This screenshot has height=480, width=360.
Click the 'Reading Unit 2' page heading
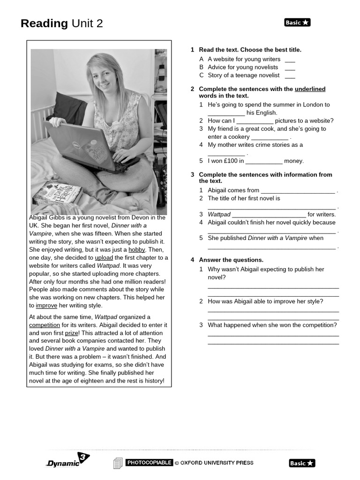(61, 23)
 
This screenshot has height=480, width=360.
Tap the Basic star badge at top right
(297, 22)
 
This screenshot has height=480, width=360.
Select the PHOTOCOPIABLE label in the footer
(149, 463)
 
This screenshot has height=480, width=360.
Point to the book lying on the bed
(57, 193)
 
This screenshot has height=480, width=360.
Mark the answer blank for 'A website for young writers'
(290, 60)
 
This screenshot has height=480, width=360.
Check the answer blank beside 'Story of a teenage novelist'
(290, 75)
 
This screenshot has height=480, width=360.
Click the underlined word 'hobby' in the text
(136, 250)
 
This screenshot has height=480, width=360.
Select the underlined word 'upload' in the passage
(104, 258)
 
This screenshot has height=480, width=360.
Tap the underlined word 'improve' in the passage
(46, 306)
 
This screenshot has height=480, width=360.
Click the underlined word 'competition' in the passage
(45, 325)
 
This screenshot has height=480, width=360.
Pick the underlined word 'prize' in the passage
(72, 333)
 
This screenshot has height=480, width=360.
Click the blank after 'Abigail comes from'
(298, 191)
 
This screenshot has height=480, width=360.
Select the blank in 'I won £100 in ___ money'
(264, 162)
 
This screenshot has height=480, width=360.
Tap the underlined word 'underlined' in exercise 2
(310, 89)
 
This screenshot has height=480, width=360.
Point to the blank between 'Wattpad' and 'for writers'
(269, 215)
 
